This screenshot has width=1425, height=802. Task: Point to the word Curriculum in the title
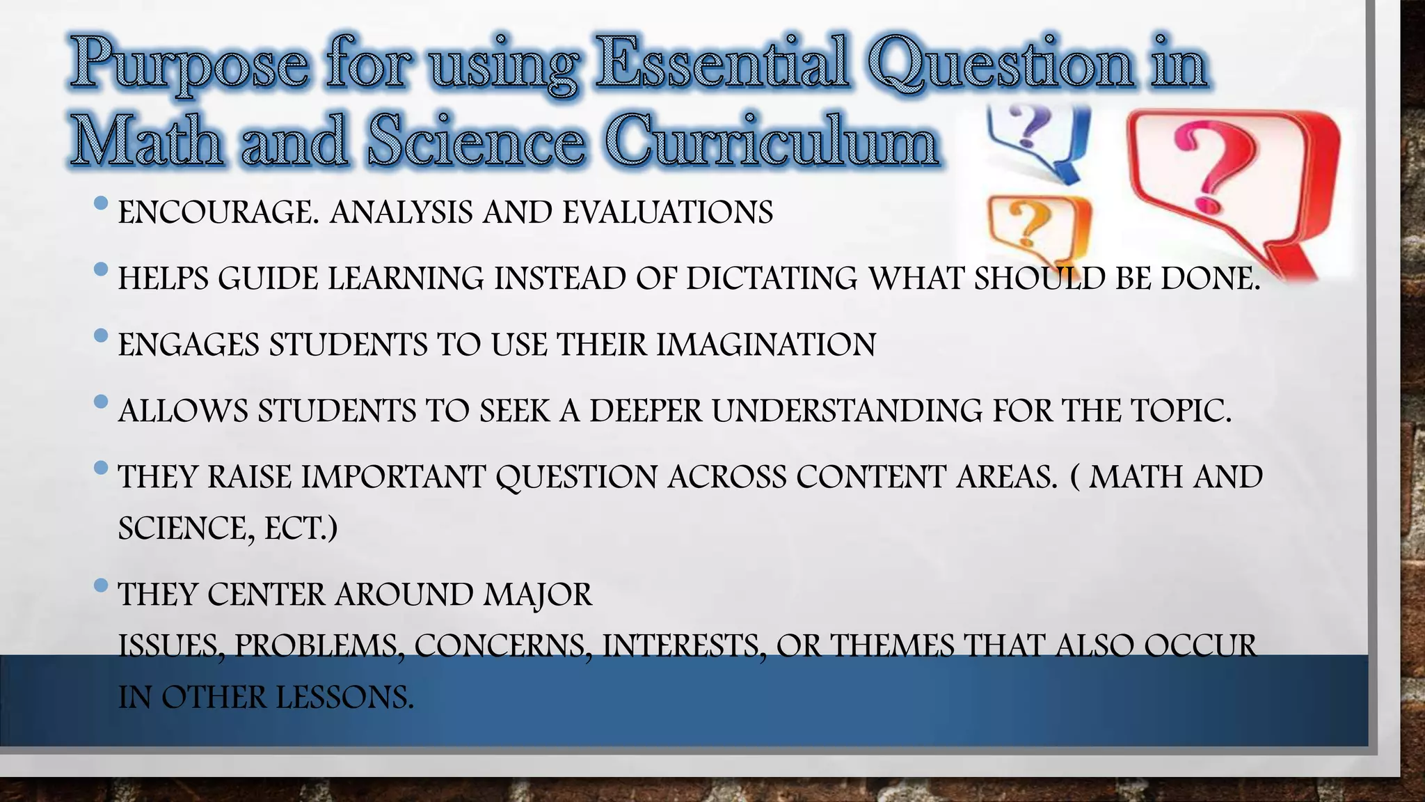click(x=772, y=141)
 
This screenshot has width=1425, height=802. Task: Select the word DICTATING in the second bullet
click(x=772, y=278)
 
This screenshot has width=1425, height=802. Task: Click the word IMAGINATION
click(x=766, y=345)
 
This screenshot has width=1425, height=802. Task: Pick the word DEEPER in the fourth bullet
click(x=646, y=411)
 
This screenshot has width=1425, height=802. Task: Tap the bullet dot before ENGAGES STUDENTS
click(x=100, y=336)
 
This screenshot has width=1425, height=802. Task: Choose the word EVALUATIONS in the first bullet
click(x=667, y=212)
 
